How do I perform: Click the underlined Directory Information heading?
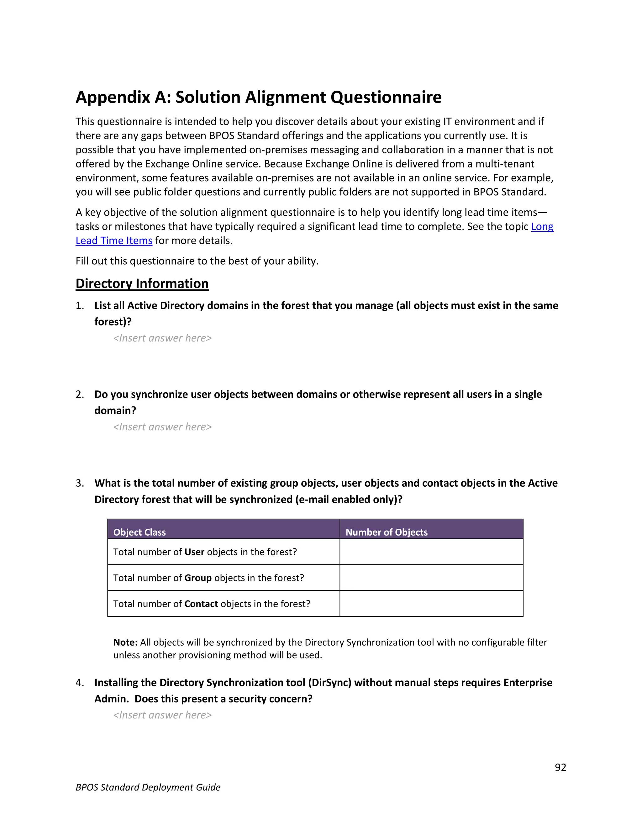tap(142, 284)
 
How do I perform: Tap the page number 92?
tap(560, 767)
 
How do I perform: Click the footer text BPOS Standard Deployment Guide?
tap(148, 787)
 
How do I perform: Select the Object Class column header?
tap(139, 532)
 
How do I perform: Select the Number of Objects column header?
tap(387, 532)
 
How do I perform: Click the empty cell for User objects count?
tap(431, 552)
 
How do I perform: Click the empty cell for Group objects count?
tap(431, 578)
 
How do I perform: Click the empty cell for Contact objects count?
tap(431, 603)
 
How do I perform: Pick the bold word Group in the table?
tap(198, 578)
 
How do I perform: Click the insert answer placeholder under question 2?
tap(162, 427)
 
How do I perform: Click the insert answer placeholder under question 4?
tap(162, 715)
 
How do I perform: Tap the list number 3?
tap(80, 483)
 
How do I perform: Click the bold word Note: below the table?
tap(125, 642)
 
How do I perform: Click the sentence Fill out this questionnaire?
tap(197, 261)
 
